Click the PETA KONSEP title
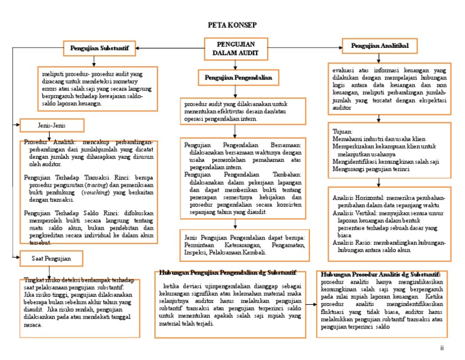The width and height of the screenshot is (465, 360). [x=232, y=25]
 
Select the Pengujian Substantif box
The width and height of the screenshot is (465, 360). [x=101, y=46]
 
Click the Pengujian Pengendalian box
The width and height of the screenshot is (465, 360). [x=237, y=78]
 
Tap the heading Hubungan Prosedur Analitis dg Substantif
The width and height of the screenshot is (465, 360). [x=381, y=275]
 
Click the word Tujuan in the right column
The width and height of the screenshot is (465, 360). [x=343, y=131]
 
